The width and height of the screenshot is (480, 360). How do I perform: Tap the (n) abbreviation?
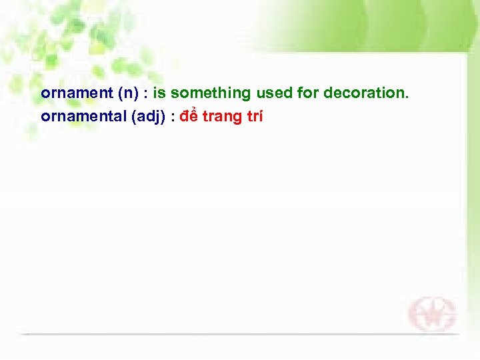click(x=129, y=93)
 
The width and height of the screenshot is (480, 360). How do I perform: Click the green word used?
click(x=273, y=93)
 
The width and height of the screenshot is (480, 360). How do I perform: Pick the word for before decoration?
click(x=308, y=93)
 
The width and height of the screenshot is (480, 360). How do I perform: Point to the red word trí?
click(x=254, y=117)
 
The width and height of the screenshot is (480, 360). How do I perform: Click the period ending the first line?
click(x=406, y=97)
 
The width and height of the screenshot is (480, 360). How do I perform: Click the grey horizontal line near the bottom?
click(x=240, y=333)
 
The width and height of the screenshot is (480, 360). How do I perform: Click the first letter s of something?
click(x=175, y=94)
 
